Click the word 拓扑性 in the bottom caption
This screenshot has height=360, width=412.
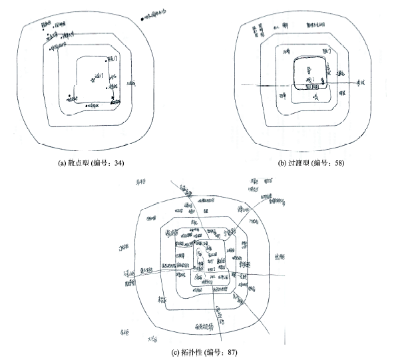pos(189,351)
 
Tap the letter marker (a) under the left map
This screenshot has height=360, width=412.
pos(63,161)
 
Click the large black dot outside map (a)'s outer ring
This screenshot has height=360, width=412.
pos(142,19)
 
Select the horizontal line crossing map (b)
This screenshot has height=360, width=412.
pos(266,84)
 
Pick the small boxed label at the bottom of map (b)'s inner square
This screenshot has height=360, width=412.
pos(311,87)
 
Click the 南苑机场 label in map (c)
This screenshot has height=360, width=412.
pos(202,326)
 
